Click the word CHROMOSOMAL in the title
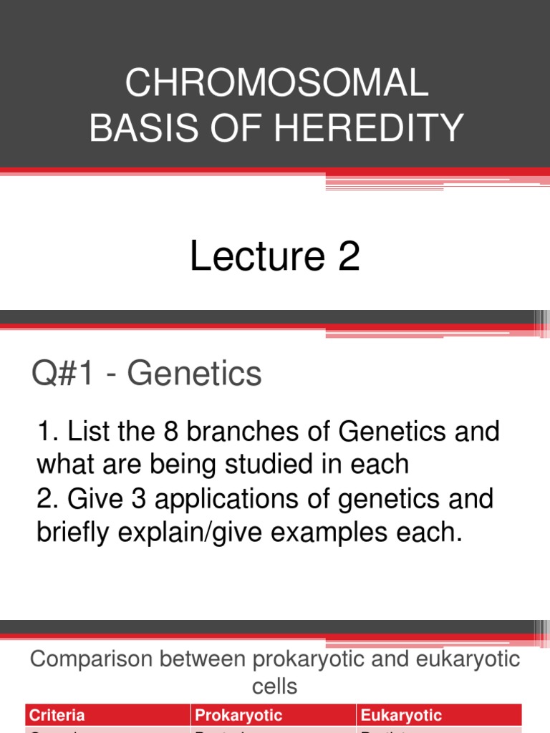click(x=276, y=84)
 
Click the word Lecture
click(x=247, y=257)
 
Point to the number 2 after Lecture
click(x=348, y=257)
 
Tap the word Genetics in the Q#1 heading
click(x=196, y=374)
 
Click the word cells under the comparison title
click(x=274, y=687)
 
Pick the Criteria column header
click(x=56, y=715)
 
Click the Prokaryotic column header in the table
click(x=239, y=715)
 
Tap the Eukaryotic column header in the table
click(x=401, y=715)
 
